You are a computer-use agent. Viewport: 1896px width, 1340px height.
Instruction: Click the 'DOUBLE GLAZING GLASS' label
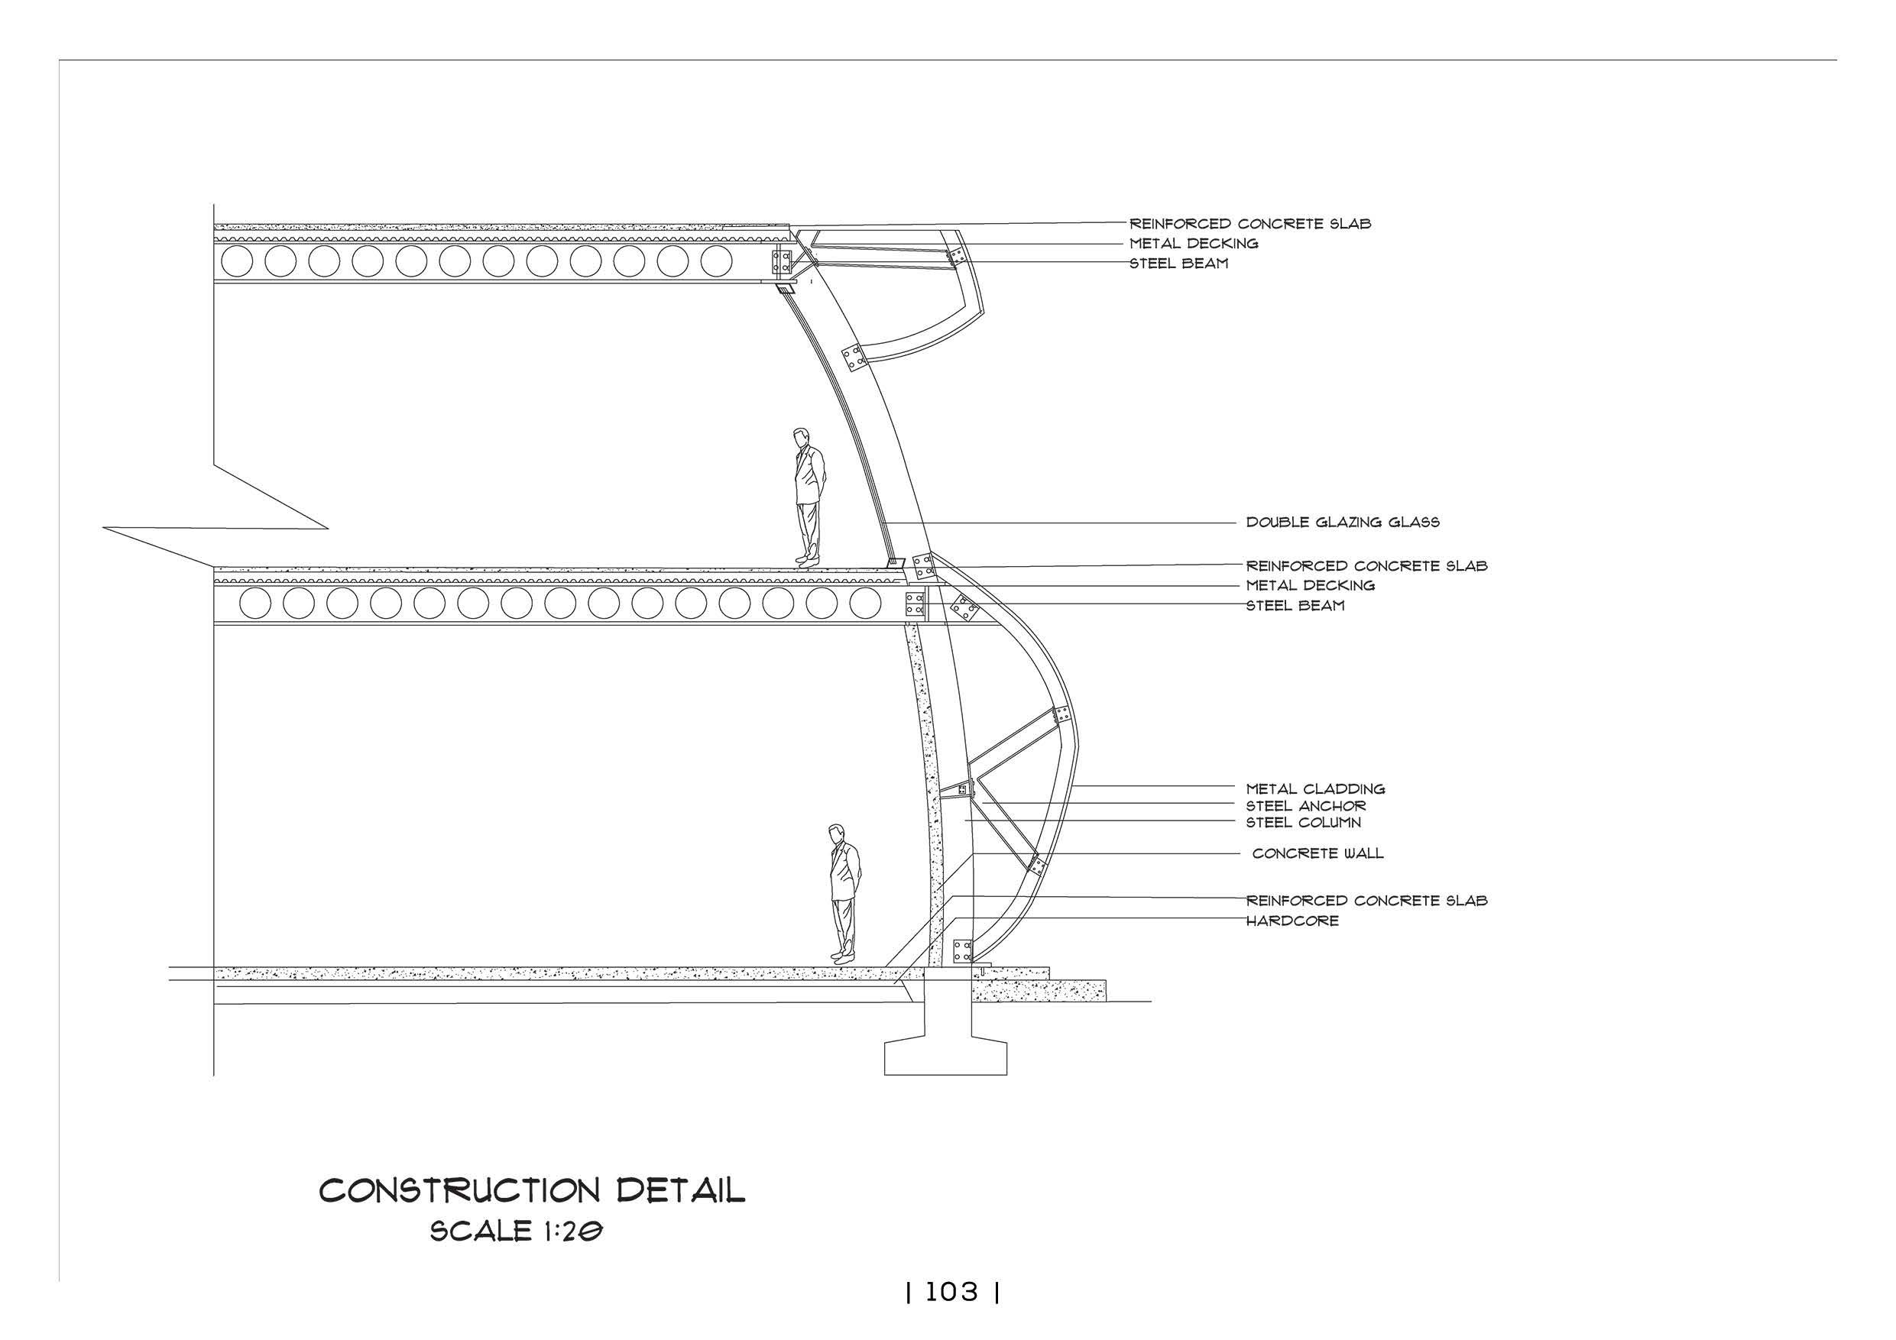[1343, 523]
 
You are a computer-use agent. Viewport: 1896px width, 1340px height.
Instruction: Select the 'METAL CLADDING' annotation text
[1315, 789]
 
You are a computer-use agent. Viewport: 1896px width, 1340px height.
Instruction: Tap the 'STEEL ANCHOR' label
[1305, 806]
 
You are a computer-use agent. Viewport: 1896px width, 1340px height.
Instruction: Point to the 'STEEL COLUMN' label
[1303, 822]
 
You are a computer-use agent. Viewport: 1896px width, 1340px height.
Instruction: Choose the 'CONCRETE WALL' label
[1317, 853]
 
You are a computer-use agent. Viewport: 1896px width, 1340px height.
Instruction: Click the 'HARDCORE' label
[1292, 921]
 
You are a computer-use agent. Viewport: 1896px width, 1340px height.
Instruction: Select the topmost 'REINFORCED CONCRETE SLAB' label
[1250, 224]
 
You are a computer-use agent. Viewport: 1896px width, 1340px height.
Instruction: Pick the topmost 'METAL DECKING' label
[1193, 244]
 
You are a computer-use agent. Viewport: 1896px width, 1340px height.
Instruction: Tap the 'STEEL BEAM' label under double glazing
[1295, 605]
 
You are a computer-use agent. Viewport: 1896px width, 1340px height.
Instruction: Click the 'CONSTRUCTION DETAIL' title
[532, 1191]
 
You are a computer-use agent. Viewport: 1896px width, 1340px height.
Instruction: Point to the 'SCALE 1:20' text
[516, 1232]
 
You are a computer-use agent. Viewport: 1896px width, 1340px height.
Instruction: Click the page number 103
[951, 1292]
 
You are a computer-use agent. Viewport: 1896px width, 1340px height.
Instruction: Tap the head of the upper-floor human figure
[799, 438]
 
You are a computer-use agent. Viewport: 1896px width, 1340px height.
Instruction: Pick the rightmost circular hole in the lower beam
[864, 604]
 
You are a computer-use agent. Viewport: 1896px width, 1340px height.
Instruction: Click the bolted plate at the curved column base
[962, 951]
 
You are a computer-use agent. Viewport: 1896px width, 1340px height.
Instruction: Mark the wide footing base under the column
[945, 1058]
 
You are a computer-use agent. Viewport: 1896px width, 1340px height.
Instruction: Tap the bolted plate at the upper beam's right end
[780, 262]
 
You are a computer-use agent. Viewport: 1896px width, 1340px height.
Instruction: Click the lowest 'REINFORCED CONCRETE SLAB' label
[1366, 901]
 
